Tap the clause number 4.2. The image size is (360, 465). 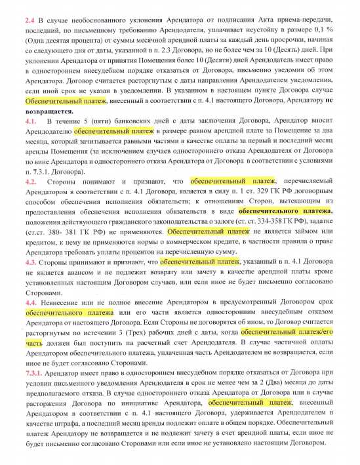point(31,180)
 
